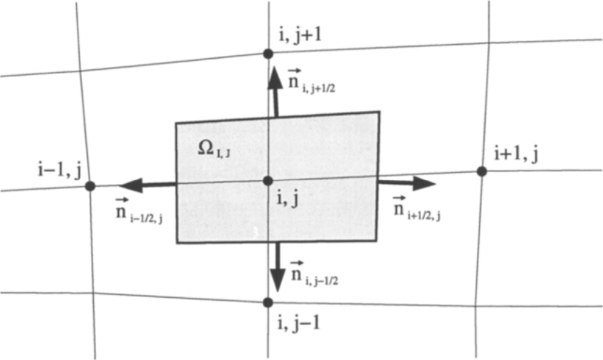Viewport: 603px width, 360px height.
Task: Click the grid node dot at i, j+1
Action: click(x=268, y=54)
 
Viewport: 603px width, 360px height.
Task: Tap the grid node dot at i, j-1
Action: click(x=268, y=303)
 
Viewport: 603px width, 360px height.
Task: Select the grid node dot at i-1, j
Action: click(x=90, y=187)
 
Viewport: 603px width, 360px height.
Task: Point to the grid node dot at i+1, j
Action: click(x=481, y=171)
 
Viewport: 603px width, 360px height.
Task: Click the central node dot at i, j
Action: click(x=268, y=180)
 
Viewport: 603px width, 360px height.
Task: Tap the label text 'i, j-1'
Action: click(x=299, y=324)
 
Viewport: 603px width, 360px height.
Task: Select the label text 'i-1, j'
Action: click(x=60, y=170)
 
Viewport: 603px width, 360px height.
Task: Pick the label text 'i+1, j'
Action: click(x=516, y=154)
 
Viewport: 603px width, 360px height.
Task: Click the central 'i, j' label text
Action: click(x=288, y=200)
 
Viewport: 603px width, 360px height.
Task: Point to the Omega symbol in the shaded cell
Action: click(x=206, y=147)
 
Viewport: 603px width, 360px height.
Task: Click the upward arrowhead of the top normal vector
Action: click(x=275, y=78)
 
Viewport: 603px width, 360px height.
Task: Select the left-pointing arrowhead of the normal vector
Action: click(x=131, y=185)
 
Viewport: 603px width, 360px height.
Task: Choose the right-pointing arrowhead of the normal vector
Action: click(x=424, y=183)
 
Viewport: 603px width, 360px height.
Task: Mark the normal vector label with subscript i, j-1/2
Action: click(x=314, y=273)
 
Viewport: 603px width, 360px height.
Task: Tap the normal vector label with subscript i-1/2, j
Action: click(x=139, y=210)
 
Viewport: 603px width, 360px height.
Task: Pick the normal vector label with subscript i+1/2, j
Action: click(x=417, y=208)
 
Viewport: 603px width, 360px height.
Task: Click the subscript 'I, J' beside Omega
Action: click(x=222, y=154)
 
